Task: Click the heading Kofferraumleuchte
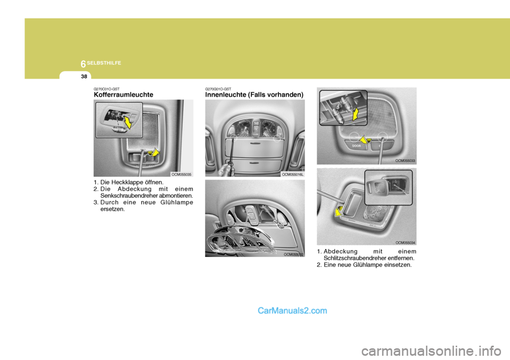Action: coord(123,95)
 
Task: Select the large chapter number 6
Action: coord(83,64)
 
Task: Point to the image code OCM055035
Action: coord(182,174)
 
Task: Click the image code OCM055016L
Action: coord(293,174)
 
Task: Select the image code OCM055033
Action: coord(405,160)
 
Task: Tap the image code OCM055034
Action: coord(405,242)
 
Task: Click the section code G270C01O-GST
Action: coord(106,89)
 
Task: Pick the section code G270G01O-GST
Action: coord(218,89)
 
